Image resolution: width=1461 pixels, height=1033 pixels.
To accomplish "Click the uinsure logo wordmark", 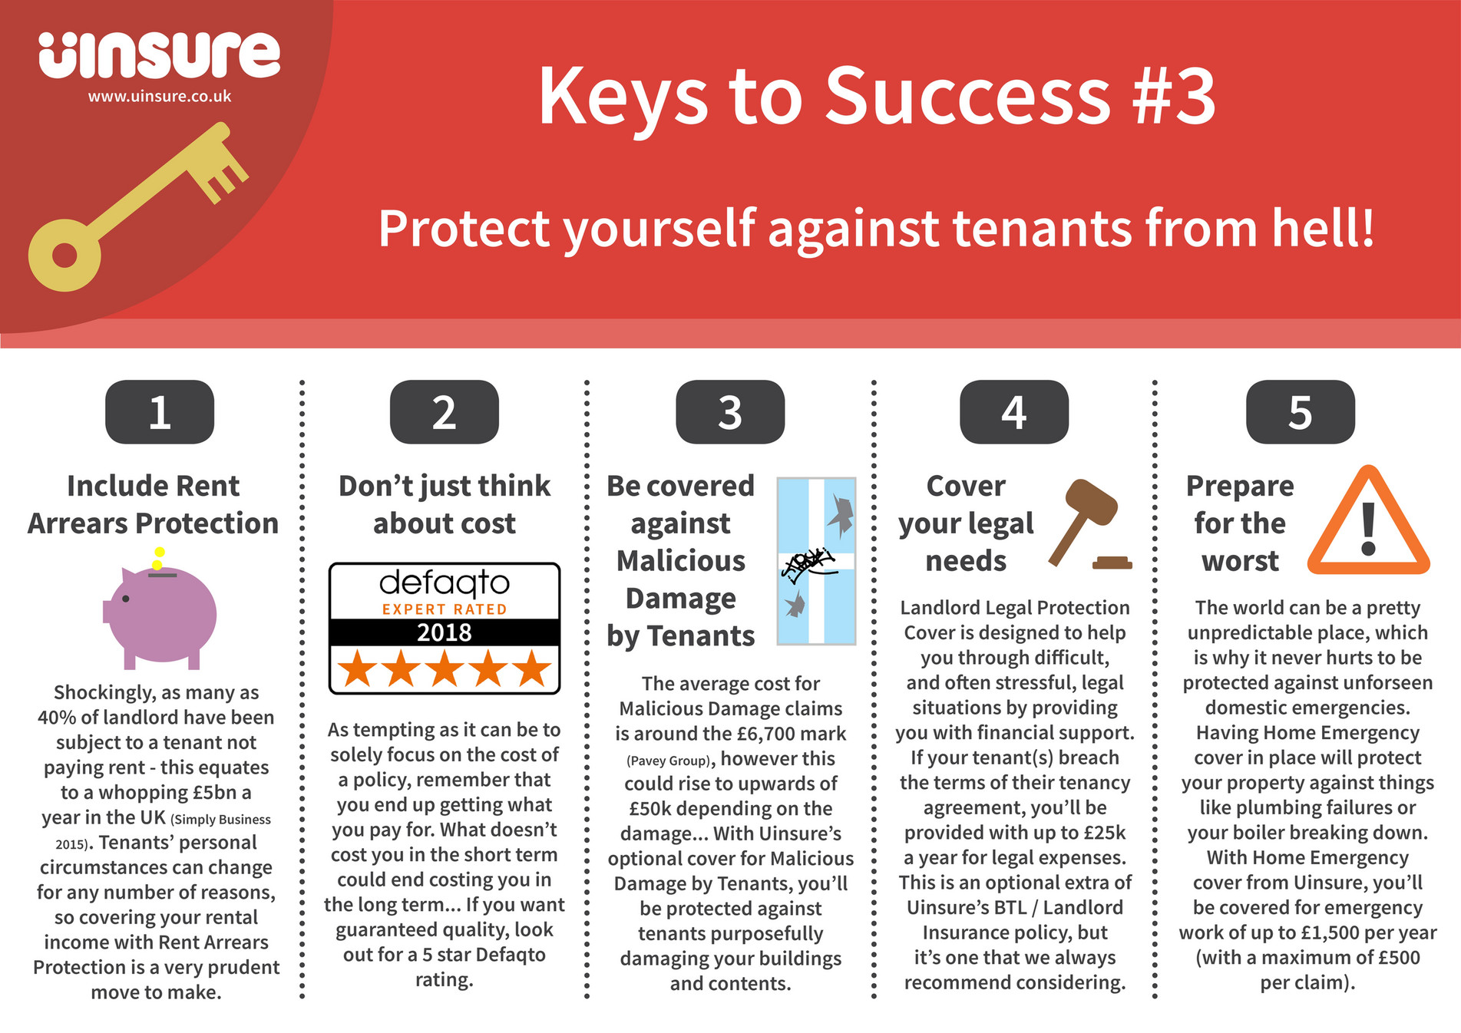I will click(x=159, y=55).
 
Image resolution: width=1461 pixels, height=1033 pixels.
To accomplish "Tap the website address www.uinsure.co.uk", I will click(x=159, y=97).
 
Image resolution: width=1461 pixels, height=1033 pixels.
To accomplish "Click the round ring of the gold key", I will click(x=64, y=256).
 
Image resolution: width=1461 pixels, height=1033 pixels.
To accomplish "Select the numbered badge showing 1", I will click(x=160, y=412).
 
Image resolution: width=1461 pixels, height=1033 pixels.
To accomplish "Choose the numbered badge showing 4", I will click(x=1013, y=412).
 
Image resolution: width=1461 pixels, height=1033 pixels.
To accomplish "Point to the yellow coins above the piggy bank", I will click(x=158, y=558).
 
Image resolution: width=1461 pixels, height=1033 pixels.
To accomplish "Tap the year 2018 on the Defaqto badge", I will click(x=445, y=632).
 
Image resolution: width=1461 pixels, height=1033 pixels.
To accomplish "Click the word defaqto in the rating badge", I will click(x=445, y=583).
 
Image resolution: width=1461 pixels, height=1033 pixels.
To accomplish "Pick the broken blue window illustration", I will click(x=816, y=561).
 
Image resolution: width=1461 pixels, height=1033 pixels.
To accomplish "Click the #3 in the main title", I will click(x=1174, y=97).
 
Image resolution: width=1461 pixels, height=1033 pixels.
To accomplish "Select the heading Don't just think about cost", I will click(x=445, y=504).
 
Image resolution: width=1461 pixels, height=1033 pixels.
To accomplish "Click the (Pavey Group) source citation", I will click(x=668, y=761).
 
